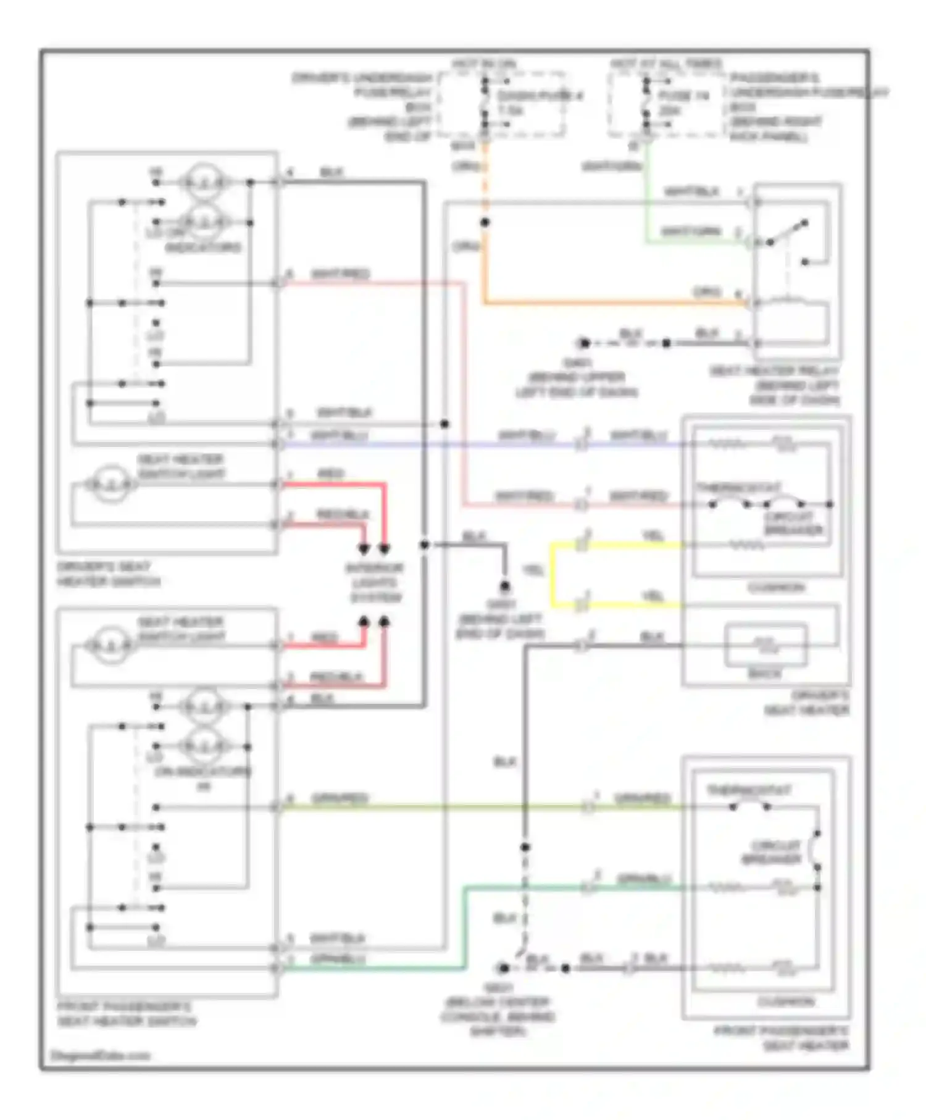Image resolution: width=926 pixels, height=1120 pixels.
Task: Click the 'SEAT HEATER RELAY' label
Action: coord(774,371)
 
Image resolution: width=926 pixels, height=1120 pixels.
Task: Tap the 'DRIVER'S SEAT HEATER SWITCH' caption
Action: coord(108,574)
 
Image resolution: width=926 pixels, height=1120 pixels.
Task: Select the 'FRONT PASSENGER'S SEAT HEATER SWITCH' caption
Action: coord(127,1014)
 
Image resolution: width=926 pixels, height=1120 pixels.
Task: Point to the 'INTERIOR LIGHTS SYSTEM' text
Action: coord(375,583)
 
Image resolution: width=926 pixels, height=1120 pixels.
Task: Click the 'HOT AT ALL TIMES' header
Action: coord(666,64)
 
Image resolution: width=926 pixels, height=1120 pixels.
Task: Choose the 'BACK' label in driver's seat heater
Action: coord(765,674)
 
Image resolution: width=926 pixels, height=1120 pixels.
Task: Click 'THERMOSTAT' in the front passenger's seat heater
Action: coord(749,790)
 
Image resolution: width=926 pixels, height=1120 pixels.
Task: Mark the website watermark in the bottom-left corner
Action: coord(100,1056)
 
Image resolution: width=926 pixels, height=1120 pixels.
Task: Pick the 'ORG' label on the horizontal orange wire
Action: coord(707,291)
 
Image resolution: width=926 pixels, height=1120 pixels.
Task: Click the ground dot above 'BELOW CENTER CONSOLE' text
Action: coord(504,967)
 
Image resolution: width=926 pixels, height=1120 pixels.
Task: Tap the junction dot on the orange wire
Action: coord(485,222)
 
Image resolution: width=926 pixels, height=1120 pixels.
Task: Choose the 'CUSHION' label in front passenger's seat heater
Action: coord(785,1001)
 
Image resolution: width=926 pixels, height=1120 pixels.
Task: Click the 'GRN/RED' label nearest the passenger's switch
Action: coord(340,798)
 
